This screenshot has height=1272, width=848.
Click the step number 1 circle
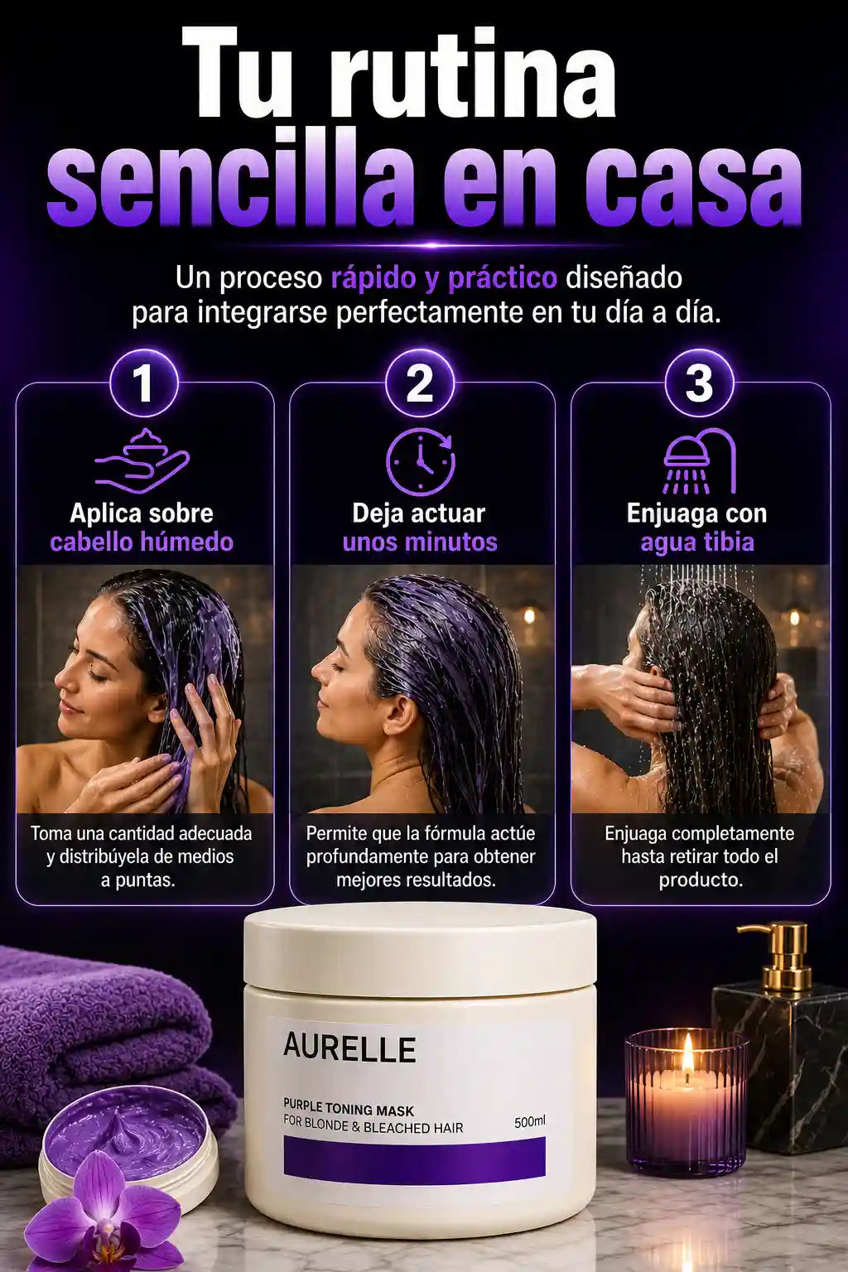144,384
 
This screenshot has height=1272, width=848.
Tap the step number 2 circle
420,384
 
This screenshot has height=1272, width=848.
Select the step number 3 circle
699,384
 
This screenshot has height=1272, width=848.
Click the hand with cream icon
142,460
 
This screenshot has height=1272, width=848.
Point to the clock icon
421,462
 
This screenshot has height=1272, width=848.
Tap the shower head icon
700,460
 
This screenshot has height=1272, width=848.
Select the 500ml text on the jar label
529,1121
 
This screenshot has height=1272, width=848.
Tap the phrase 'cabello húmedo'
142,542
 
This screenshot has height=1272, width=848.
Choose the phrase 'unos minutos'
421,542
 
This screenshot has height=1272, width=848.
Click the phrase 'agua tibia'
697,542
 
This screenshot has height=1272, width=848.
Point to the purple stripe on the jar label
415,1157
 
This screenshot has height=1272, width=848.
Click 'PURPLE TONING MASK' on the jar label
349,1110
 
